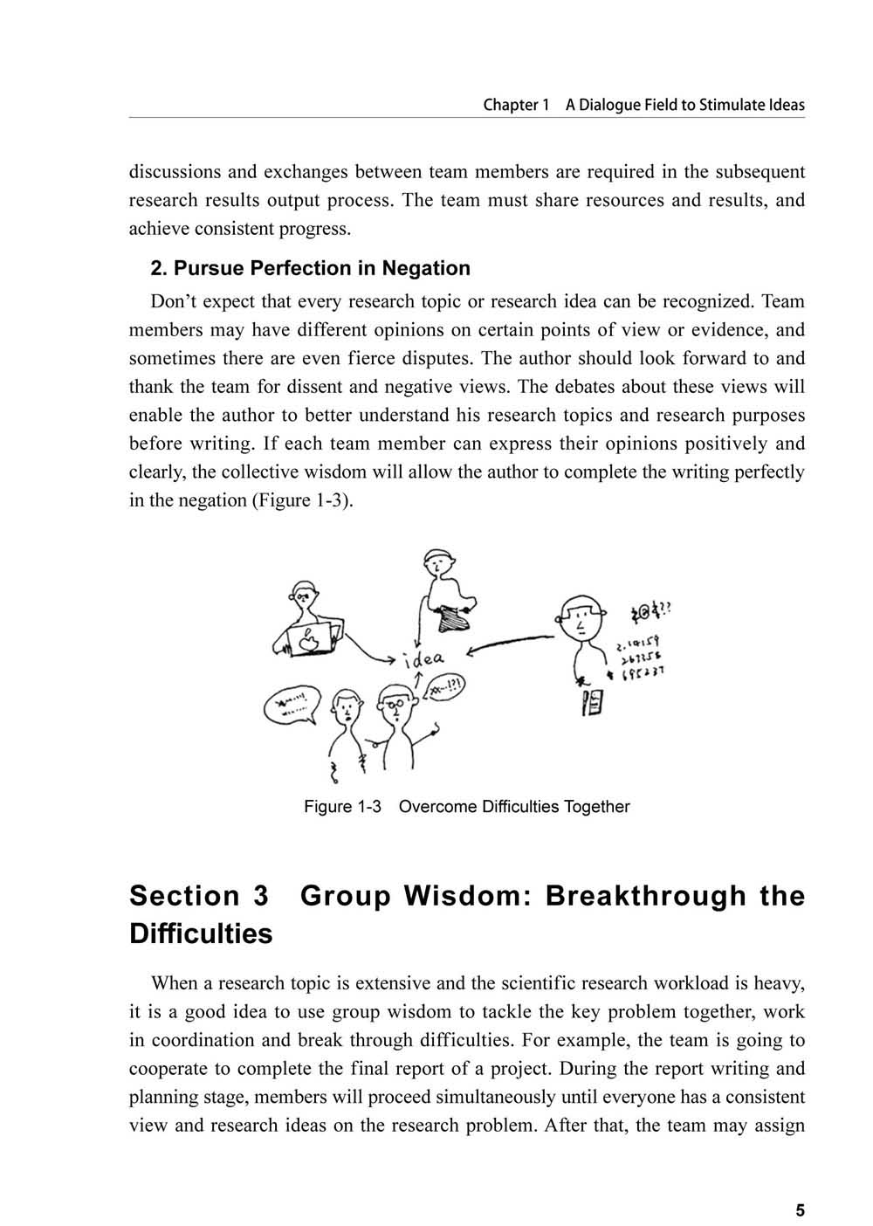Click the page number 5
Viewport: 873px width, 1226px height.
click(x=800, y=1209)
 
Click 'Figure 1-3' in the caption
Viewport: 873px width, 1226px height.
click(x=342, y=807)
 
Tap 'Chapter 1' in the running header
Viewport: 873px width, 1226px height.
click(x=516, y=105)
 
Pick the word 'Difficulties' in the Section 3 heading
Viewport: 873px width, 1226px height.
click(x=201, y=934)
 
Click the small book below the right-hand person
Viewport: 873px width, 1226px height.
click(x=591, y=701)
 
